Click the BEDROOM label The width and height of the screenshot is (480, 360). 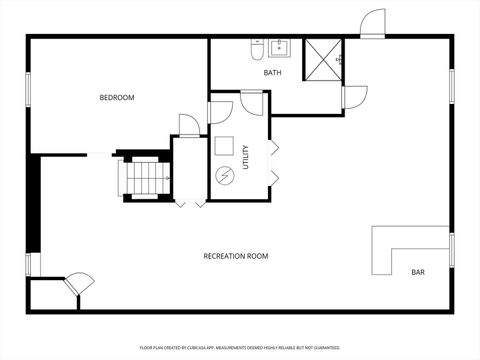[x=117, y=97]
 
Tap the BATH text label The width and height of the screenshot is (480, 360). [x=273, y=73]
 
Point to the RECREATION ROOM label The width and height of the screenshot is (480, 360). [x=236, y=256]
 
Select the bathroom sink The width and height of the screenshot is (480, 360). [x=279, y=47]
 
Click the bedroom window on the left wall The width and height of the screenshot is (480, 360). [x=29, y=86]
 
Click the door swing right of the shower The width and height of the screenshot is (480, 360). [x=354, y=97]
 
